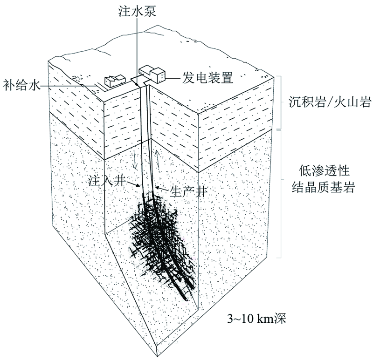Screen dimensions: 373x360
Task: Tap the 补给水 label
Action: coord(21,85)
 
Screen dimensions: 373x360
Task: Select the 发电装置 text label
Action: coord(207,77)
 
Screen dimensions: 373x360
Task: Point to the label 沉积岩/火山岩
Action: coord(330,102)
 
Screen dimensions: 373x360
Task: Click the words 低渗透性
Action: coord(324,170)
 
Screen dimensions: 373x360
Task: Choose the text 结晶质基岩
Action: coord(324,187)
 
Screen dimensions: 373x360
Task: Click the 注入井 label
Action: coord(107,181)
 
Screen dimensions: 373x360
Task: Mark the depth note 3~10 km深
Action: coord(256,319)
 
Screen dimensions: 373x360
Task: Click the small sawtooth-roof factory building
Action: coord(115,81)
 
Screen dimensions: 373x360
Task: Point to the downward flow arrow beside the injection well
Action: coord(135,159)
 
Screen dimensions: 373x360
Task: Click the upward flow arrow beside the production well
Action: coord(157,159)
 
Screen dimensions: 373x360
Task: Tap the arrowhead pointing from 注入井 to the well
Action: coord(138,186)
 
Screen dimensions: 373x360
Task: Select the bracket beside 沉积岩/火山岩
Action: coord(280,102)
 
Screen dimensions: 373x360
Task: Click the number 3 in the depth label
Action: coord(230,319)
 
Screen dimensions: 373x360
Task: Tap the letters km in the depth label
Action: coord(265,319)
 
